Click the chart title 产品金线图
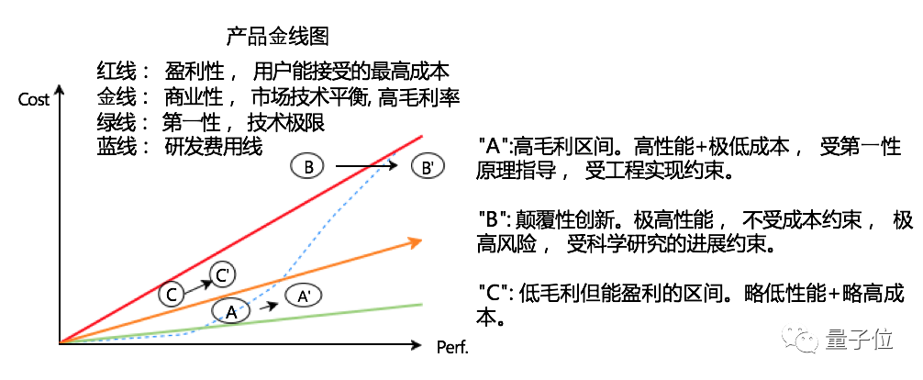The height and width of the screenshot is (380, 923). click(277, 37)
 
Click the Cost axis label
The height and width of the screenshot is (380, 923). click(34, 99)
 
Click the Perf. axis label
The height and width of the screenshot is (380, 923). click(452, 348)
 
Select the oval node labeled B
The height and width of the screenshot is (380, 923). click(309, 166)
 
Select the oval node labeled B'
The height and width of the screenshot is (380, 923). click(426, 167)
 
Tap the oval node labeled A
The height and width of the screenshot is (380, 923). click(231, 312)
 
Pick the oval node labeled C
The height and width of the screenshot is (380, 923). click(172, 294)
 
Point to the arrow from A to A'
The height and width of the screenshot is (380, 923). click(267, 306)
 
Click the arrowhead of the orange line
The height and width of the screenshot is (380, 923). click(416, 241)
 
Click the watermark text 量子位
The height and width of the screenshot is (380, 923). click(860, 341)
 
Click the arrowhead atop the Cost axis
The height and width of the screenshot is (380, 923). click(60, 90)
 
